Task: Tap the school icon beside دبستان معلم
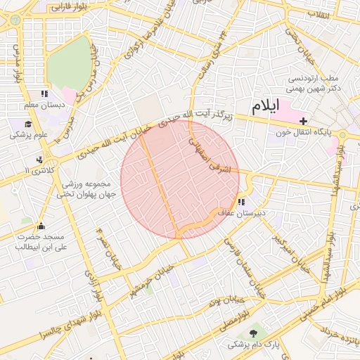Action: [44, 94]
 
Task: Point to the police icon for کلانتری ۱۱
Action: [39, 159]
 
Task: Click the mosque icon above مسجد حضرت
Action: [41, 226]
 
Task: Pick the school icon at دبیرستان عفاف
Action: [241, 202]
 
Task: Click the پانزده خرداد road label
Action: [337, 336]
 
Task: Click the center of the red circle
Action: [180, 179]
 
